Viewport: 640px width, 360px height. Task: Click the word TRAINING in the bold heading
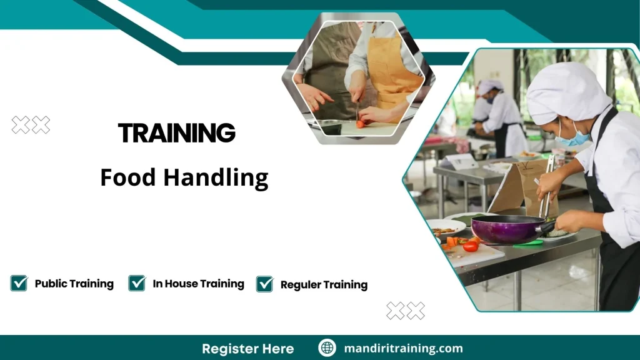coord(176,133)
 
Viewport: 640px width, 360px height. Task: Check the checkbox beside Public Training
coord(19,283)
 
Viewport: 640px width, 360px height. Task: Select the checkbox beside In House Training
coord(137,283)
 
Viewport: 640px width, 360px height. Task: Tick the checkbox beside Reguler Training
coord(265,284)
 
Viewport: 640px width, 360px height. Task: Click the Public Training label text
coord(74,284)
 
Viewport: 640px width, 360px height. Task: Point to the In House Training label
coord(198,284)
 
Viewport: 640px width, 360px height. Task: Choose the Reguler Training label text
coord(324,285)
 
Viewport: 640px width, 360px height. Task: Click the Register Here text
coord(247,349)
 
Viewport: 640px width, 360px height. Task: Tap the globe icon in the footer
coord(327,348)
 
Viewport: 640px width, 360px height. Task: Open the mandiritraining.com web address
coord(403,349)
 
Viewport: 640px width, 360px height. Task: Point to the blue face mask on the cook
coord(572,138)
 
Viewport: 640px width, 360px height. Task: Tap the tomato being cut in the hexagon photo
coord(360,124)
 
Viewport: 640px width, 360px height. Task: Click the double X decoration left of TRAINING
coord(31,125)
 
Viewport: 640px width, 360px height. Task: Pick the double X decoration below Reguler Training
coord(405,311)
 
